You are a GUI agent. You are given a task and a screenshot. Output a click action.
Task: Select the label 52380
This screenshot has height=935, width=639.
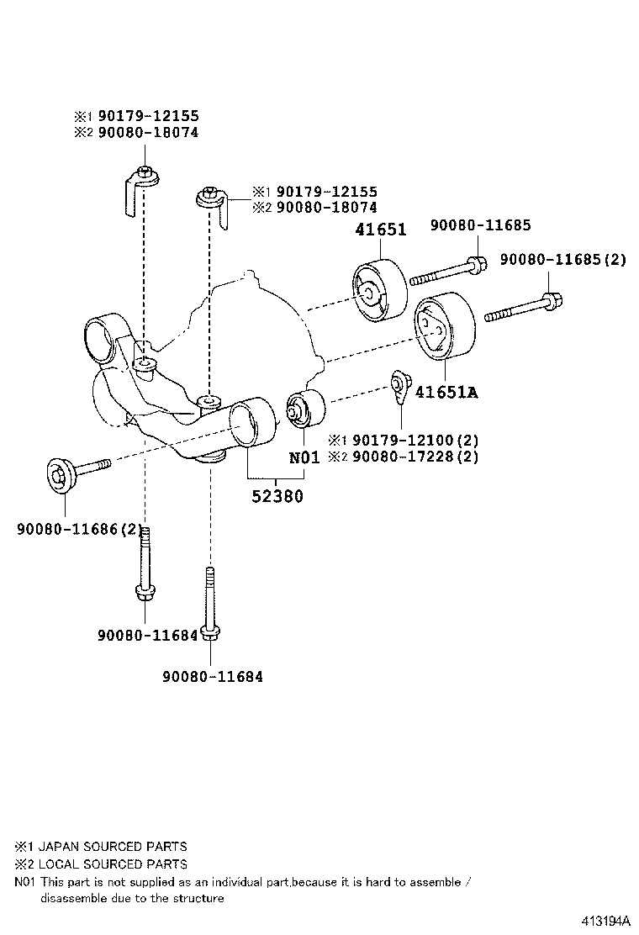pos(277,496)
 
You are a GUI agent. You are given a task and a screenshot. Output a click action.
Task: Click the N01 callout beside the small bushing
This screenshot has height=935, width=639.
pos(304,457)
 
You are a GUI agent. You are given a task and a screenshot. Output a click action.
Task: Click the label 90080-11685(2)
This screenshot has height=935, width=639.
pos(562,260)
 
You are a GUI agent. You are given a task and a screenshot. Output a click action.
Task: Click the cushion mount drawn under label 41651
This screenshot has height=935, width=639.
pos(378,291)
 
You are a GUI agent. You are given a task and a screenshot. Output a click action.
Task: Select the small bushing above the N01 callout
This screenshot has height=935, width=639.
pos(304,409)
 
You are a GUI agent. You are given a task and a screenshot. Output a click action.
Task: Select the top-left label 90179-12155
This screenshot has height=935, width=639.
pos(148,116)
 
